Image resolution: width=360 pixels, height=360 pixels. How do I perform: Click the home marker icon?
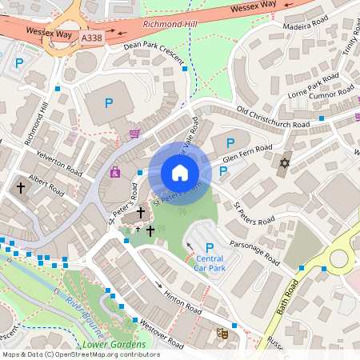[x=180, y=173]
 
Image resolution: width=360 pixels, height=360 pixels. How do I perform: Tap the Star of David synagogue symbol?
[x=283, y=163]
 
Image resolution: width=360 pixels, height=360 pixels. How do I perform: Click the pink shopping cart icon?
[x=134, y=134]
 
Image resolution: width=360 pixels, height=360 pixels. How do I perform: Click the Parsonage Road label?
[x=255, y=250]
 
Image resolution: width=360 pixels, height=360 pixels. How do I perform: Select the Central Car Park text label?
[x=209, y=263]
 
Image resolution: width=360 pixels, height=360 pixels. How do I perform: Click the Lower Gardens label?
[x=120, y=345]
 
